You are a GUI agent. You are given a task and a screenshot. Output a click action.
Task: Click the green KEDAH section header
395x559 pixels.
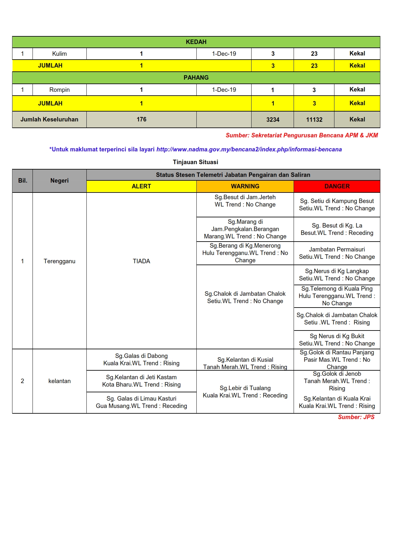[196, 42]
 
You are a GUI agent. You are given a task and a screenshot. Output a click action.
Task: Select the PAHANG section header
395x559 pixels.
[196, 78]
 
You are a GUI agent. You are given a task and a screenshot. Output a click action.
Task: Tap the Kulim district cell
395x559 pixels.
[59, 54]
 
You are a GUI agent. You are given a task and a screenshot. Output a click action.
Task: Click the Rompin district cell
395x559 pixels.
[59, 90]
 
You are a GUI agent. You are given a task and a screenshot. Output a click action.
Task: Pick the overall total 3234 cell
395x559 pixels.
[273, 120]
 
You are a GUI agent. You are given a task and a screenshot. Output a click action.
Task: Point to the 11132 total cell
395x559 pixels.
[314, 120]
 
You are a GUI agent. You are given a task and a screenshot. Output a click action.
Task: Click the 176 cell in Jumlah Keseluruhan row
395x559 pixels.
[141, 120]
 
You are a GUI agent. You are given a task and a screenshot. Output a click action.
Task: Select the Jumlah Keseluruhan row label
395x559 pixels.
[49, 120]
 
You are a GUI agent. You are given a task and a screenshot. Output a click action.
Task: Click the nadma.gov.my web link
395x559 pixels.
[249, 149]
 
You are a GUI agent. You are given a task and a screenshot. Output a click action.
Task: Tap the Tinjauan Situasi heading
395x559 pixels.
[195, 162]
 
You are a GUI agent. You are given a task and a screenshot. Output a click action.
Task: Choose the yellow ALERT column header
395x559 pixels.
[141, 186]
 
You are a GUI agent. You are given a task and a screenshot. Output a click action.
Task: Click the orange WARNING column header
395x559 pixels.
[245, 186]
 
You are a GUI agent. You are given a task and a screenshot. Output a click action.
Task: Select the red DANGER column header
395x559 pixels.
[337, 186]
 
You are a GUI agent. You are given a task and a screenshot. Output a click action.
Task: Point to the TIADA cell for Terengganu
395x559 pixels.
[141, 261]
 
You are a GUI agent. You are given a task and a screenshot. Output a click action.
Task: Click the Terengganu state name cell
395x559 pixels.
[59, 261]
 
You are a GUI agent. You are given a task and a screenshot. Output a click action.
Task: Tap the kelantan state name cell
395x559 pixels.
[59, 381]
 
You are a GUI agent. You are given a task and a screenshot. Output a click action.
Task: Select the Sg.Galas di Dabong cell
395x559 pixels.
[141, 359]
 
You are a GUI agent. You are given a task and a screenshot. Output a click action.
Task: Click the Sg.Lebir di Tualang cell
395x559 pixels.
[245, 392]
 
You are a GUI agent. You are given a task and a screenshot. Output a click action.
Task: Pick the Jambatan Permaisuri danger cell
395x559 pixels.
[337, 253]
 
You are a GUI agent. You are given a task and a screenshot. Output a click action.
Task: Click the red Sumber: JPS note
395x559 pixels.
[356, 417]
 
